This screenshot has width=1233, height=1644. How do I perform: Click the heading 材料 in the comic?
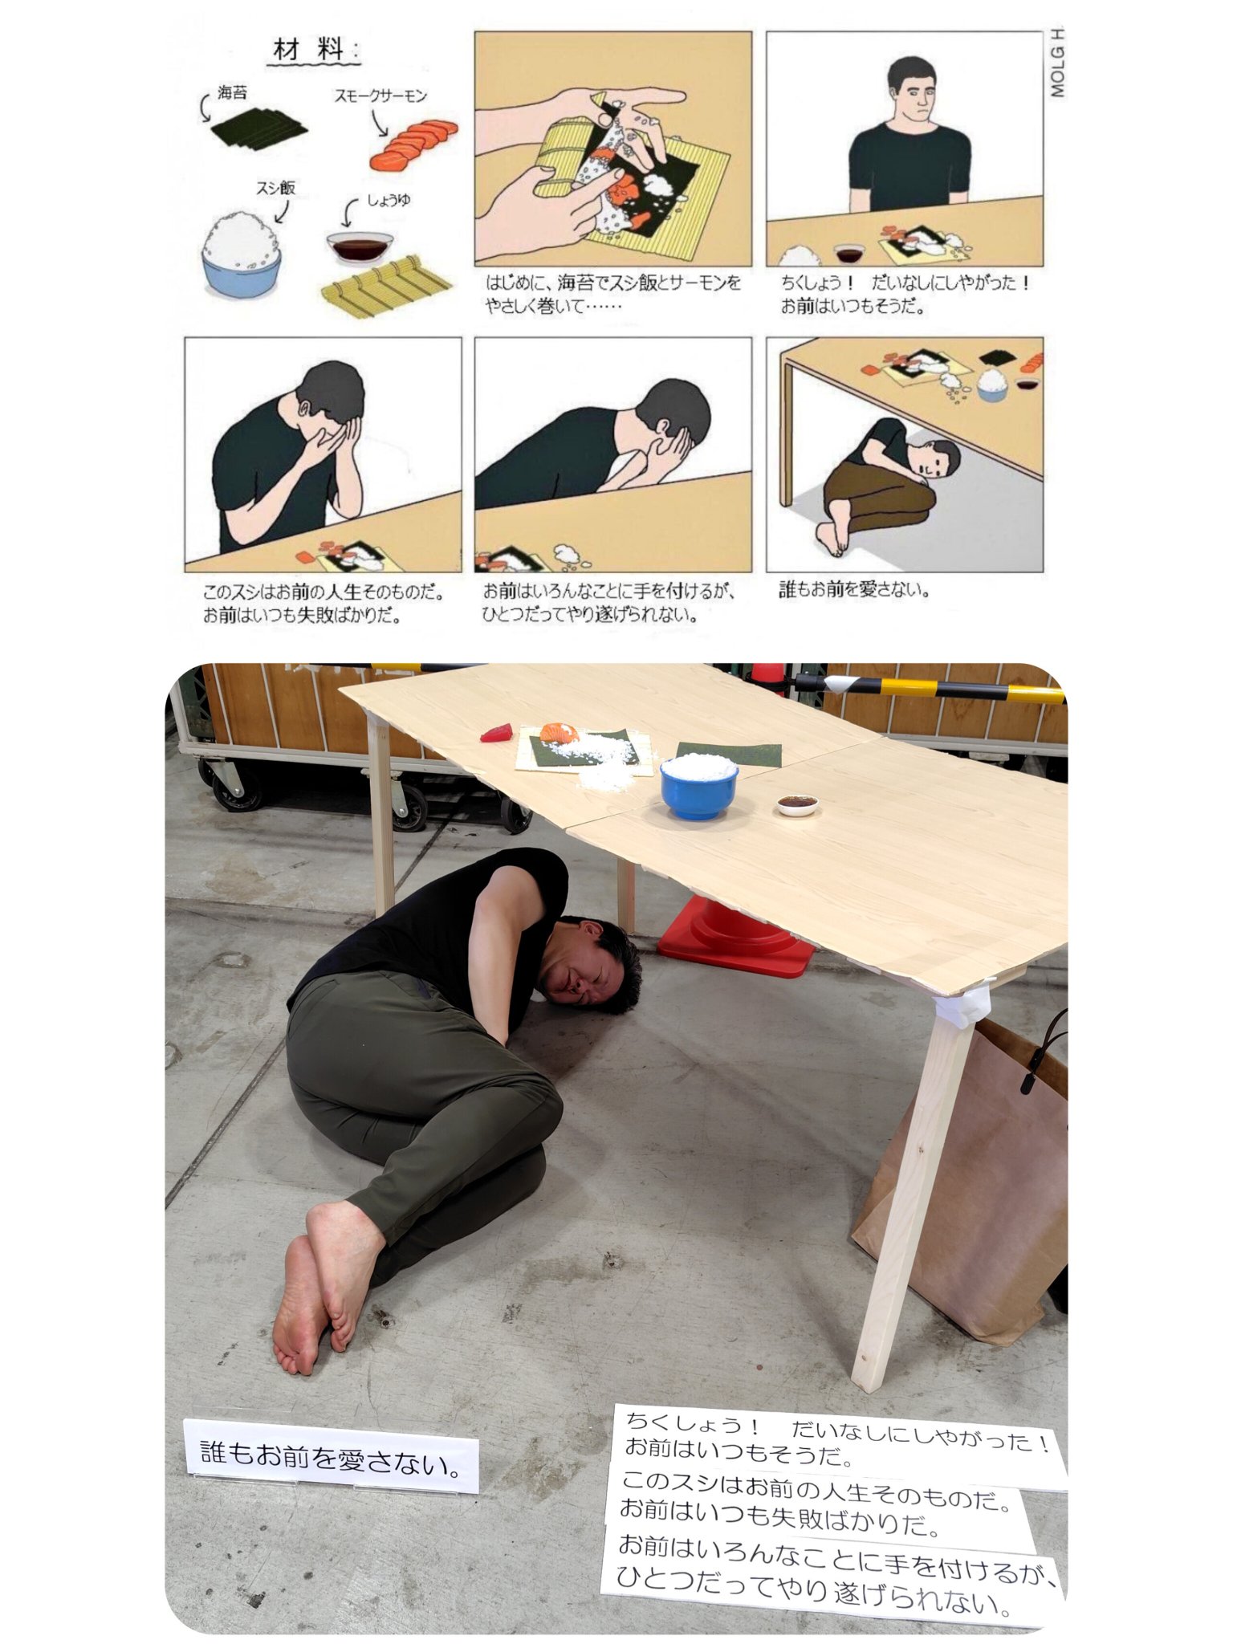309,50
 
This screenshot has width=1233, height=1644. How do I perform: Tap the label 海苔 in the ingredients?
232,93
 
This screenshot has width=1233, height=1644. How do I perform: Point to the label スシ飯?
275,188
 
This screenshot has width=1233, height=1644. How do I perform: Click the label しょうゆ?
389,200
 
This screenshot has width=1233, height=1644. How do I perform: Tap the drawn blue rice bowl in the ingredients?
242,254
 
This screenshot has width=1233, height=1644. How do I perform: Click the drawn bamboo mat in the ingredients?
386,286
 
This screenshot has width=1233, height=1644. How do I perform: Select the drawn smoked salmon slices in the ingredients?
413,144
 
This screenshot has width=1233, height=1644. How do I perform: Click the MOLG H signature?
1057,62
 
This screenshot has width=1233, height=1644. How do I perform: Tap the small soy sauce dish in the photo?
797,804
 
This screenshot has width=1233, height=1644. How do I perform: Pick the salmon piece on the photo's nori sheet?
560,732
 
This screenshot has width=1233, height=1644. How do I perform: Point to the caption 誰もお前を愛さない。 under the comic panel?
854,589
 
